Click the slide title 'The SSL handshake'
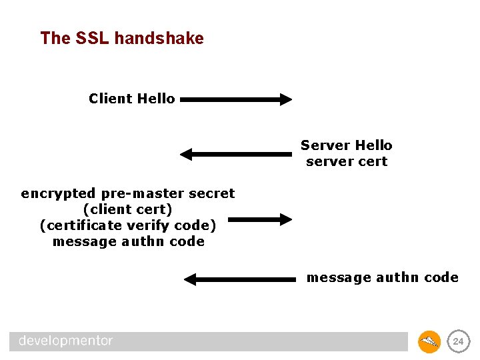click(122, 39)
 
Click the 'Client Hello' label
click(132, 99)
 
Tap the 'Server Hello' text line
click(346, 145)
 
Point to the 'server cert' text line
click(347, 161)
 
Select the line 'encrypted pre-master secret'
click(128, 193)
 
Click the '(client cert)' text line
click(128, 209)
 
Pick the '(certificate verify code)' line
click(128, 225)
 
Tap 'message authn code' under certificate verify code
click(128, 241)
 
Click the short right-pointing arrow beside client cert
click(261, 219)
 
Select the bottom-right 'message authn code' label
click(382, 277)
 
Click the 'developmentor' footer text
click(66, 341)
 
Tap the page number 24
click(458, 341)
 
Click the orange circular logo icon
click(429, 341)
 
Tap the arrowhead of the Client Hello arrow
click(286, 100)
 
